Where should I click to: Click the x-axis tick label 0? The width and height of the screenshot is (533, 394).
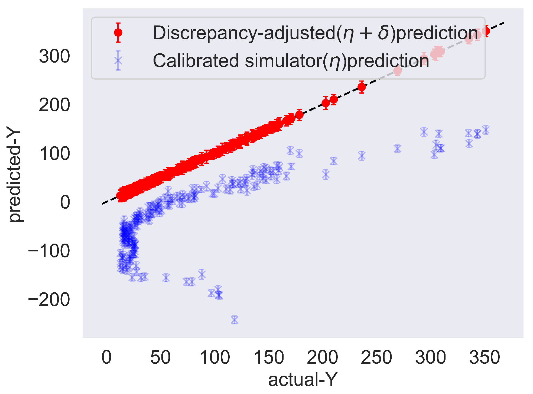click(106, 357)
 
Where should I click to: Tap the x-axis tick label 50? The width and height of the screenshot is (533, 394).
click(160, 357)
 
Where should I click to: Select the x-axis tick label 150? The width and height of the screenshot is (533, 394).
click(268, 357)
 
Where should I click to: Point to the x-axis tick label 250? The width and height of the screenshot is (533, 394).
click(376, 357)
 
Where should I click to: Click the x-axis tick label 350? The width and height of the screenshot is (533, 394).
click(485, 357)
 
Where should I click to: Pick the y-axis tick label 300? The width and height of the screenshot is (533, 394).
click(54, 57)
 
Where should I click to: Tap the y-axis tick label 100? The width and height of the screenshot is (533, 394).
click(54, 154)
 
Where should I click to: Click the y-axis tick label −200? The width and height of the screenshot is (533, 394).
click(49, 300)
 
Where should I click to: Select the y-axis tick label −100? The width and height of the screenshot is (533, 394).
click(49, 251)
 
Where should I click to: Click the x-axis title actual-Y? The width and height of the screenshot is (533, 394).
click(303, 379)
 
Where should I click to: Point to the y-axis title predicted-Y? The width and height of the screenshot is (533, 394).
click(15, 176)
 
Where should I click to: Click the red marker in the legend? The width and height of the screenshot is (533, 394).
click(118, 33)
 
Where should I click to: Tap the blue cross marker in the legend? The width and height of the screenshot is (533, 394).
click(118, 60)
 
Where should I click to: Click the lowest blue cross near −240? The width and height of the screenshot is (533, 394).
click(235, 320)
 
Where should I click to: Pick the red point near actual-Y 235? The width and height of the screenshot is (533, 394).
click(361, 87)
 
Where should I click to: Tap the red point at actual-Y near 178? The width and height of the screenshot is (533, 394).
click(299, 115)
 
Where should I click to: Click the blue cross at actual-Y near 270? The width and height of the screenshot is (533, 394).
click(397, 148)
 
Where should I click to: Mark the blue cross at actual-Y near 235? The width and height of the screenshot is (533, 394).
click(361, 156)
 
